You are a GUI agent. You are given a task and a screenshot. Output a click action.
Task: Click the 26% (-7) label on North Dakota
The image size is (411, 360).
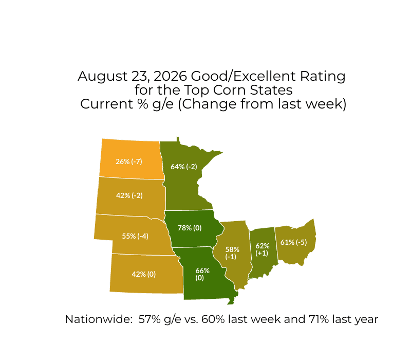[129, 161]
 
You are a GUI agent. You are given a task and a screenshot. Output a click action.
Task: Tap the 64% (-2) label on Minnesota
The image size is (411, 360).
[184, 167]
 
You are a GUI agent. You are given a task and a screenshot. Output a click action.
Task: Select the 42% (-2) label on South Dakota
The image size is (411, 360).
[129, 195]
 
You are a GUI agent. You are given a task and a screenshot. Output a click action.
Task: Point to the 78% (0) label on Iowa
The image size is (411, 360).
[190, 228]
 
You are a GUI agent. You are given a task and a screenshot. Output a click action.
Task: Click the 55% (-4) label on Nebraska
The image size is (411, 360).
[135, 236]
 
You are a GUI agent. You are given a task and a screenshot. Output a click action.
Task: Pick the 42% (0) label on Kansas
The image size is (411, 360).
[144, 274]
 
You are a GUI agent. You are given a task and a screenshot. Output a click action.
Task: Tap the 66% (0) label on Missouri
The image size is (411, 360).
[202, 274]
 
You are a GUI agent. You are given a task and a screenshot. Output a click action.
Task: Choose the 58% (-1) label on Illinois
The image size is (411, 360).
[232, 253]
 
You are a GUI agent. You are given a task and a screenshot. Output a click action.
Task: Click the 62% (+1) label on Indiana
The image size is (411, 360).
[263, 249]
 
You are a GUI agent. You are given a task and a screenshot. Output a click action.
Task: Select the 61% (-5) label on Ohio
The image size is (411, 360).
[293, 242]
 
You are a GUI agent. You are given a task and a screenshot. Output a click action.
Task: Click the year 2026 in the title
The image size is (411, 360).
[171, 76]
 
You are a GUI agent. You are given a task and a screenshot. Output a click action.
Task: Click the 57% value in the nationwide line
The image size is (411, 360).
[150, 319]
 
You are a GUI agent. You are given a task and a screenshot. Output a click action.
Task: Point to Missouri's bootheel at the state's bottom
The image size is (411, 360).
[231, 301]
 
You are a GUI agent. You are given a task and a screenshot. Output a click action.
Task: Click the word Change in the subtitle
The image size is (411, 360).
[209, 104]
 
